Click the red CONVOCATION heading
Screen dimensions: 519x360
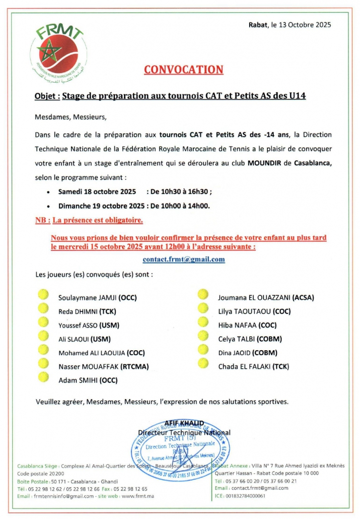[x=183, y=70]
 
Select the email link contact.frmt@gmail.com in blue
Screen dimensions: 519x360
[x=183, y=259]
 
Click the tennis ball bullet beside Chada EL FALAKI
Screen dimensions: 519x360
[x=203, y=362]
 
